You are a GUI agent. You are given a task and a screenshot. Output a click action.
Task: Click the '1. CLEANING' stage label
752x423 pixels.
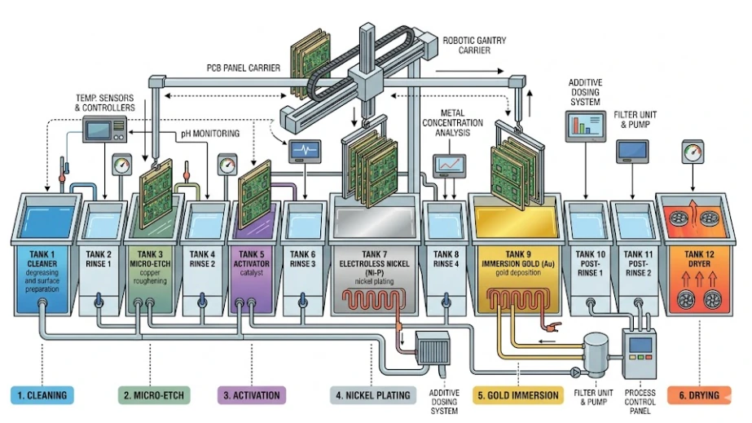click(43, 395)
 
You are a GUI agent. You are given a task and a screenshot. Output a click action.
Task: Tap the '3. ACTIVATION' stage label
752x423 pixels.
click(253, 395)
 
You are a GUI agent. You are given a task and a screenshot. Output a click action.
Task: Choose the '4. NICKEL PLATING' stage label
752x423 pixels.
click(372, 395)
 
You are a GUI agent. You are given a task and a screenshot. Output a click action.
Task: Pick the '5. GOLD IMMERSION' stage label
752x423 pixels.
click(518, 395)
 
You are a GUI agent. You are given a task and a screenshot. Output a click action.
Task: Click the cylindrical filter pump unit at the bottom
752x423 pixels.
click(597, 356)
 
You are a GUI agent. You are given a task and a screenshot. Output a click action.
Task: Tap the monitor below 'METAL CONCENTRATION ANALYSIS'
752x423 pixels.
click(450, 166)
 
